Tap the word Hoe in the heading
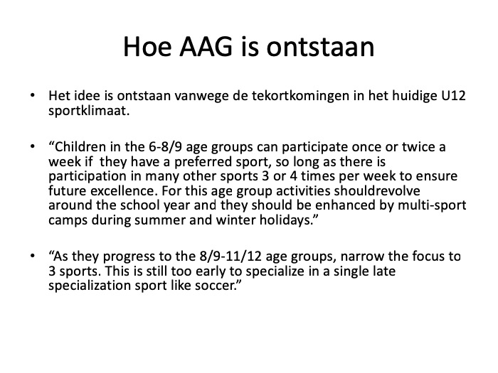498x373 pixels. [147, 47]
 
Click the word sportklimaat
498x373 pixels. [89, 112]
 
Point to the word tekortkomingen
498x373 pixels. [300, 95]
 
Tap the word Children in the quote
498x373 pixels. [78, 147]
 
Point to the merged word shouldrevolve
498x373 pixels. [376, 191]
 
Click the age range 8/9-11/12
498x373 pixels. [231, 256]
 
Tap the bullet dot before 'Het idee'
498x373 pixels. [33, 94]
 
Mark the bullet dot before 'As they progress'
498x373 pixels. [33, 256]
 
